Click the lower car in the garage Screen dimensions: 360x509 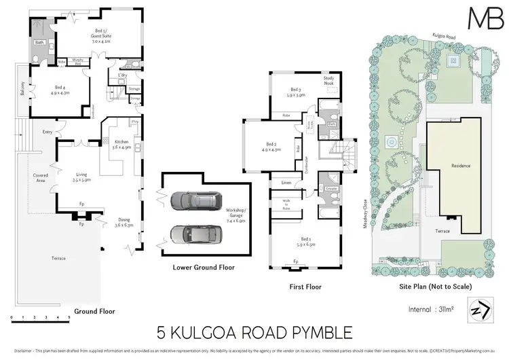[190, 232]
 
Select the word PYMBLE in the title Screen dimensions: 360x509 [319, 333]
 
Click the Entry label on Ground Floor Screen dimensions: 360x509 [48, 132]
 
